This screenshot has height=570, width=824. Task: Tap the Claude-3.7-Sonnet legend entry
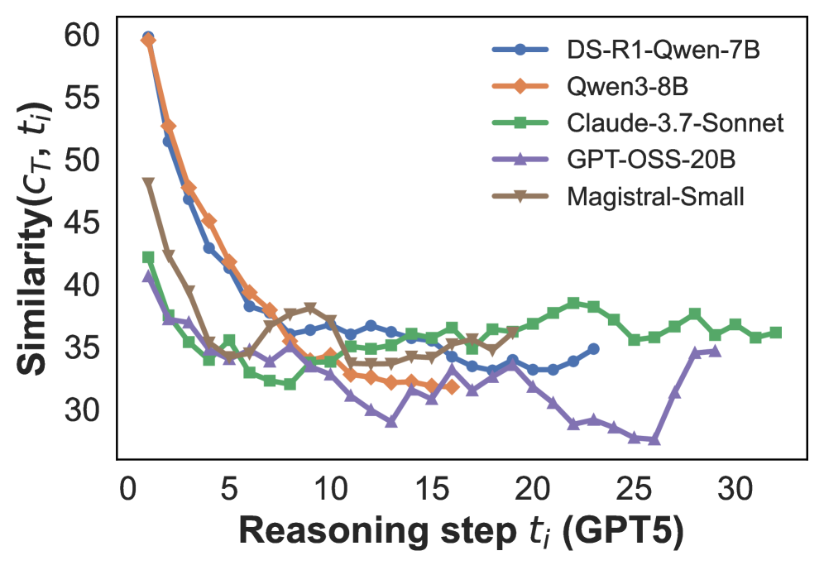(x=675, y=123)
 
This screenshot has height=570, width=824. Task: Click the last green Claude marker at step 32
(x=776, y=333)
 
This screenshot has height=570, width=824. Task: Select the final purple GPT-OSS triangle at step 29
(x=715, y=351)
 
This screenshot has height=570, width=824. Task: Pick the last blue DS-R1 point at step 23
(x=594, y=349)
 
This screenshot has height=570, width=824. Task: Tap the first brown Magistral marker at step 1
(x=148, y=183)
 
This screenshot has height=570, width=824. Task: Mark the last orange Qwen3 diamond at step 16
(x=452, y=386)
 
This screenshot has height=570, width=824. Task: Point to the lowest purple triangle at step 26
(x=654, y=439)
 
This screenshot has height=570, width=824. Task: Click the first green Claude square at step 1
(x=148, y=257)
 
